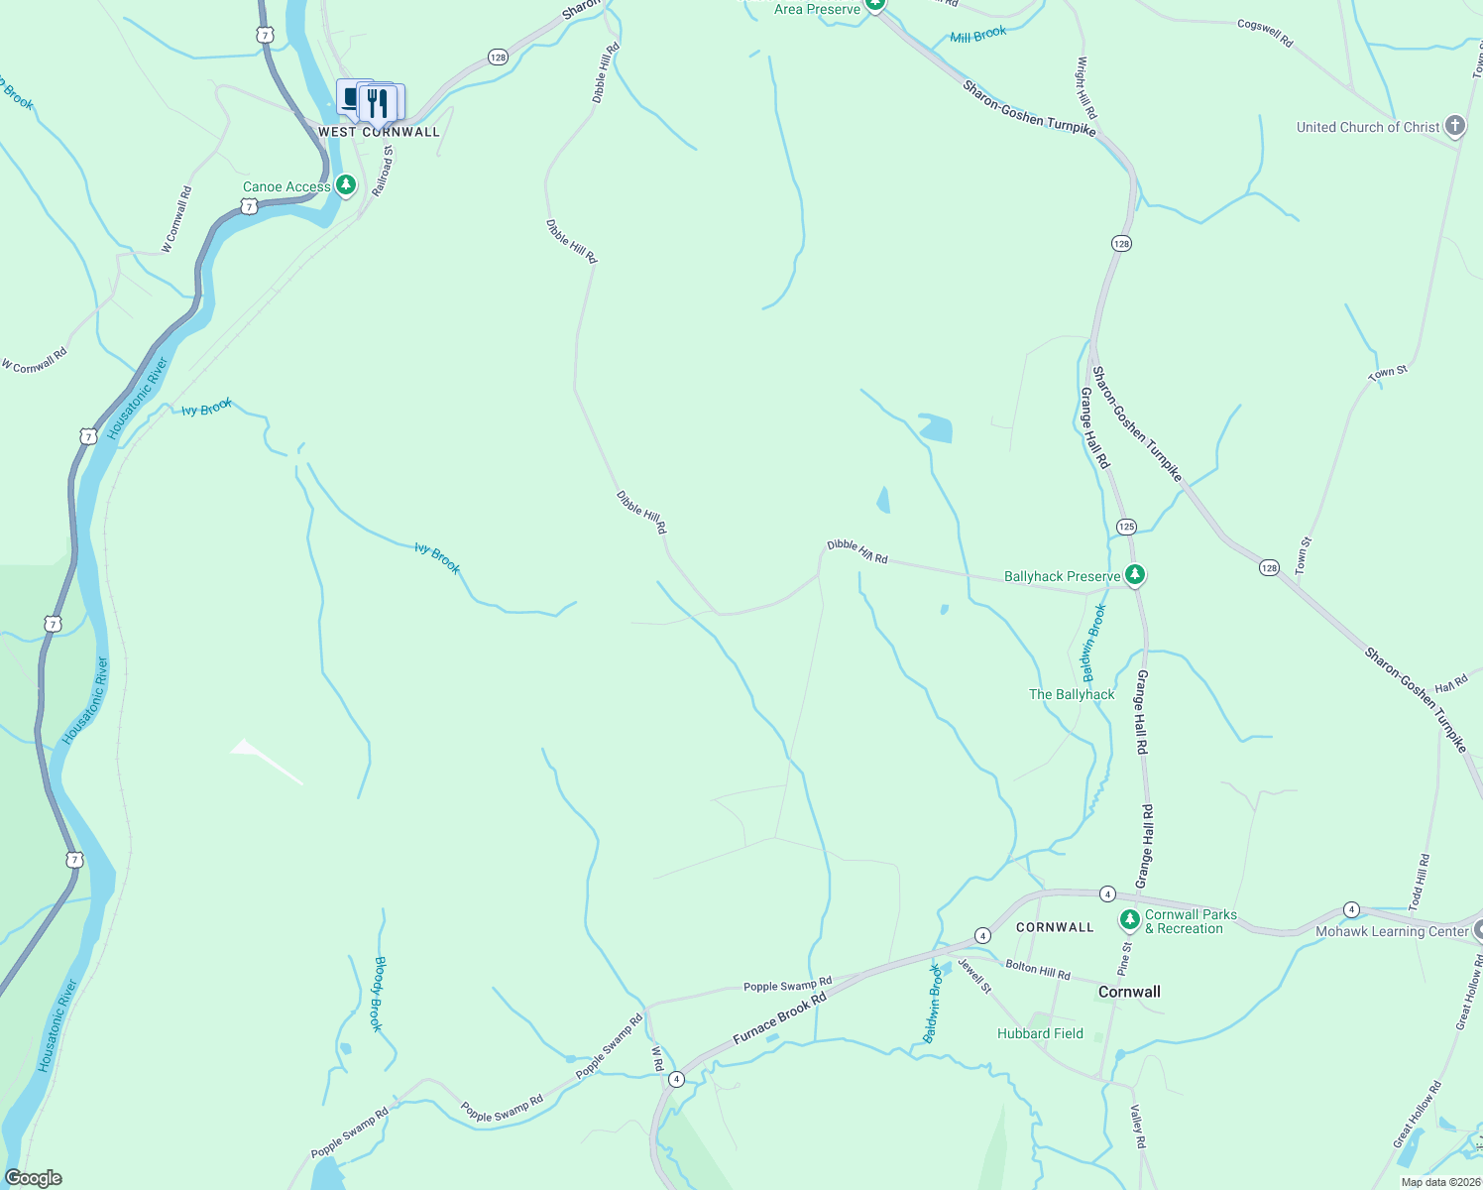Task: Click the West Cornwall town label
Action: pos(379,132)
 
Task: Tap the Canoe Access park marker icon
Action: pos(345,185)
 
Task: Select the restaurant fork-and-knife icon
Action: pos(378,101)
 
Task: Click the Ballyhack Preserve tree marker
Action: pos(1135,575)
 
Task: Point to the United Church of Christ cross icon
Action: pos(1454,126)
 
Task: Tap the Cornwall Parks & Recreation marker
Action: pos(1129,920)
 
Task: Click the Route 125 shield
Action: pos(1126,527)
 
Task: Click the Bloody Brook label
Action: pos(378,994)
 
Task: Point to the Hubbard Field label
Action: pos(1040,1033)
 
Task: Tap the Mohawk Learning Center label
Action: pos(1392,931)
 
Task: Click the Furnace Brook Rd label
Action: pos(779,1018)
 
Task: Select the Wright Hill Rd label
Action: pos(1086,87)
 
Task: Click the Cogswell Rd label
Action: pos(1265,33)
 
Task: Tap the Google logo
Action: pos(33,1178)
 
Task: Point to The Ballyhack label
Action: pos(1072,694)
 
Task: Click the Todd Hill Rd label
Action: pos(1420,882)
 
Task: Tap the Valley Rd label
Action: pos(1139,1129)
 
